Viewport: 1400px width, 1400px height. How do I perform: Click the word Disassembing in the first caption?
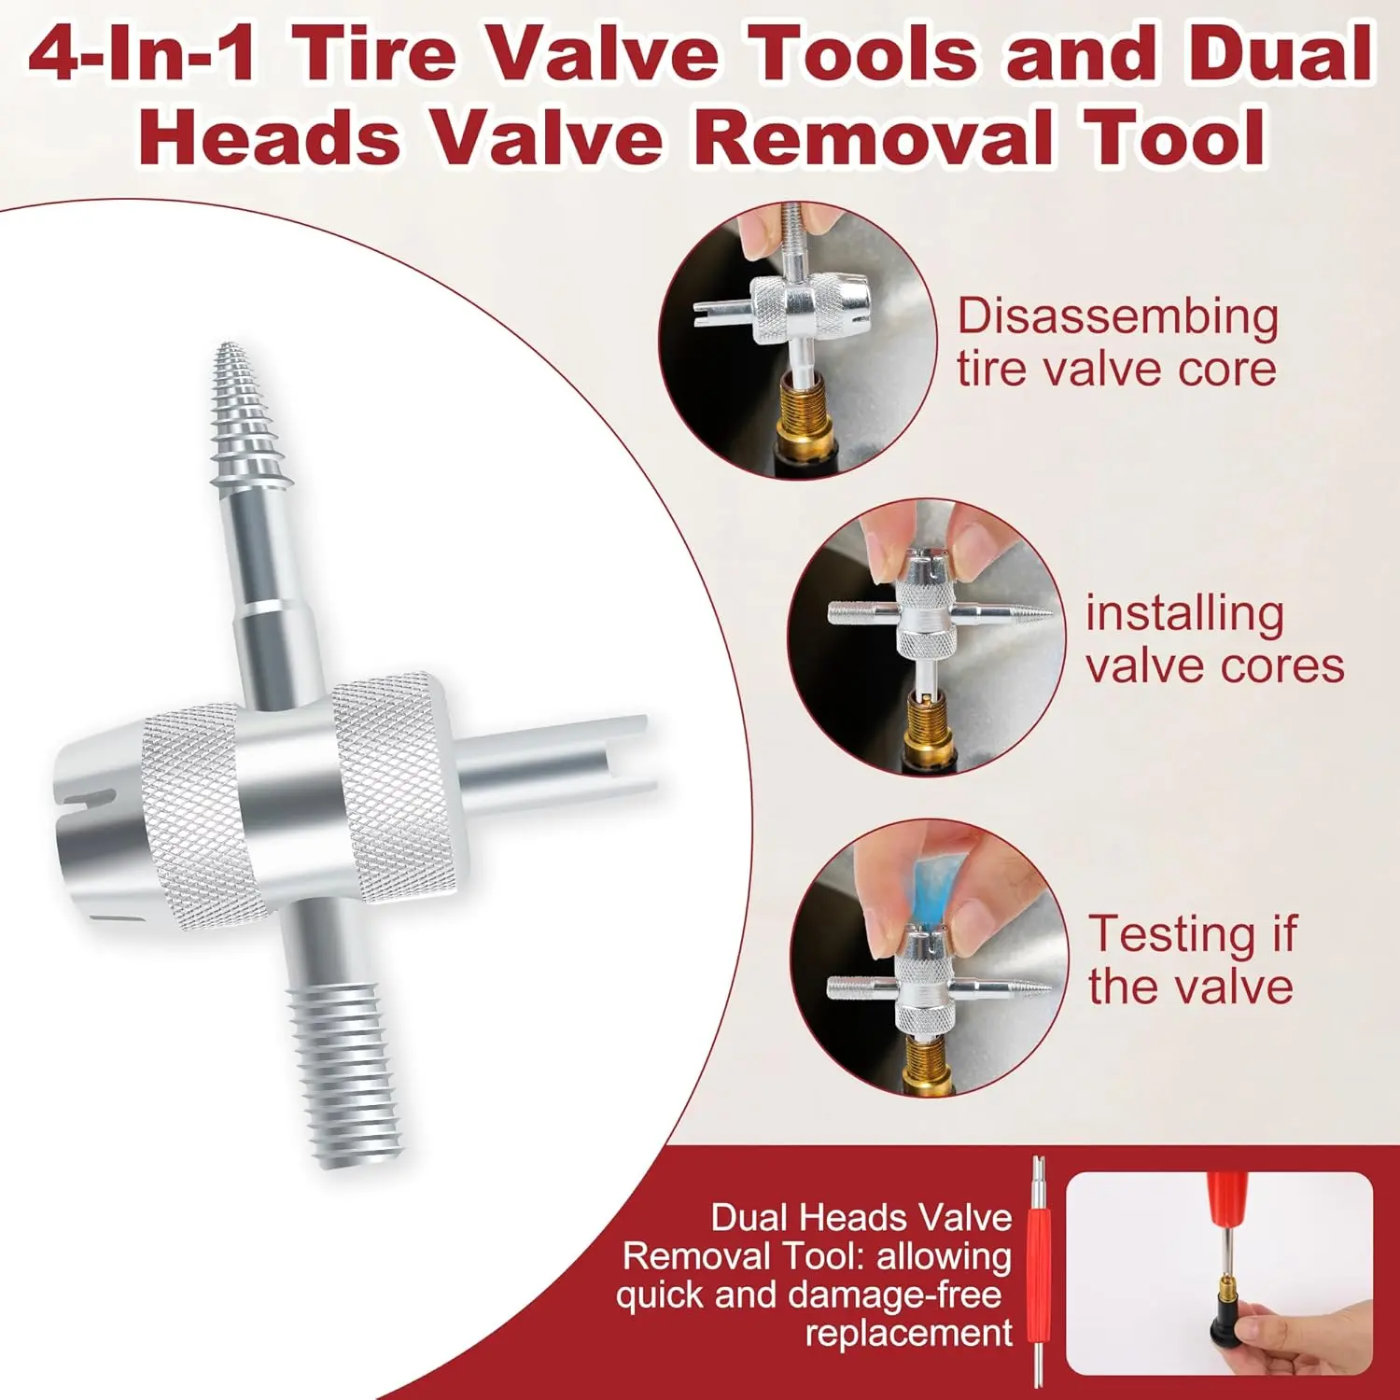pyautogui.click(x=1117, y=318)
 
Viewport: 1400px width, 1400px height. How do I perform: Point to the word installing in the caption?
pyautogui.click(x=1184, y=616)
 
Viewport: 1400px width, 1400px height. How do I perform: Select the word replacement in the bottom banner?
pyautogui.click(x=908, y=1333)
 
